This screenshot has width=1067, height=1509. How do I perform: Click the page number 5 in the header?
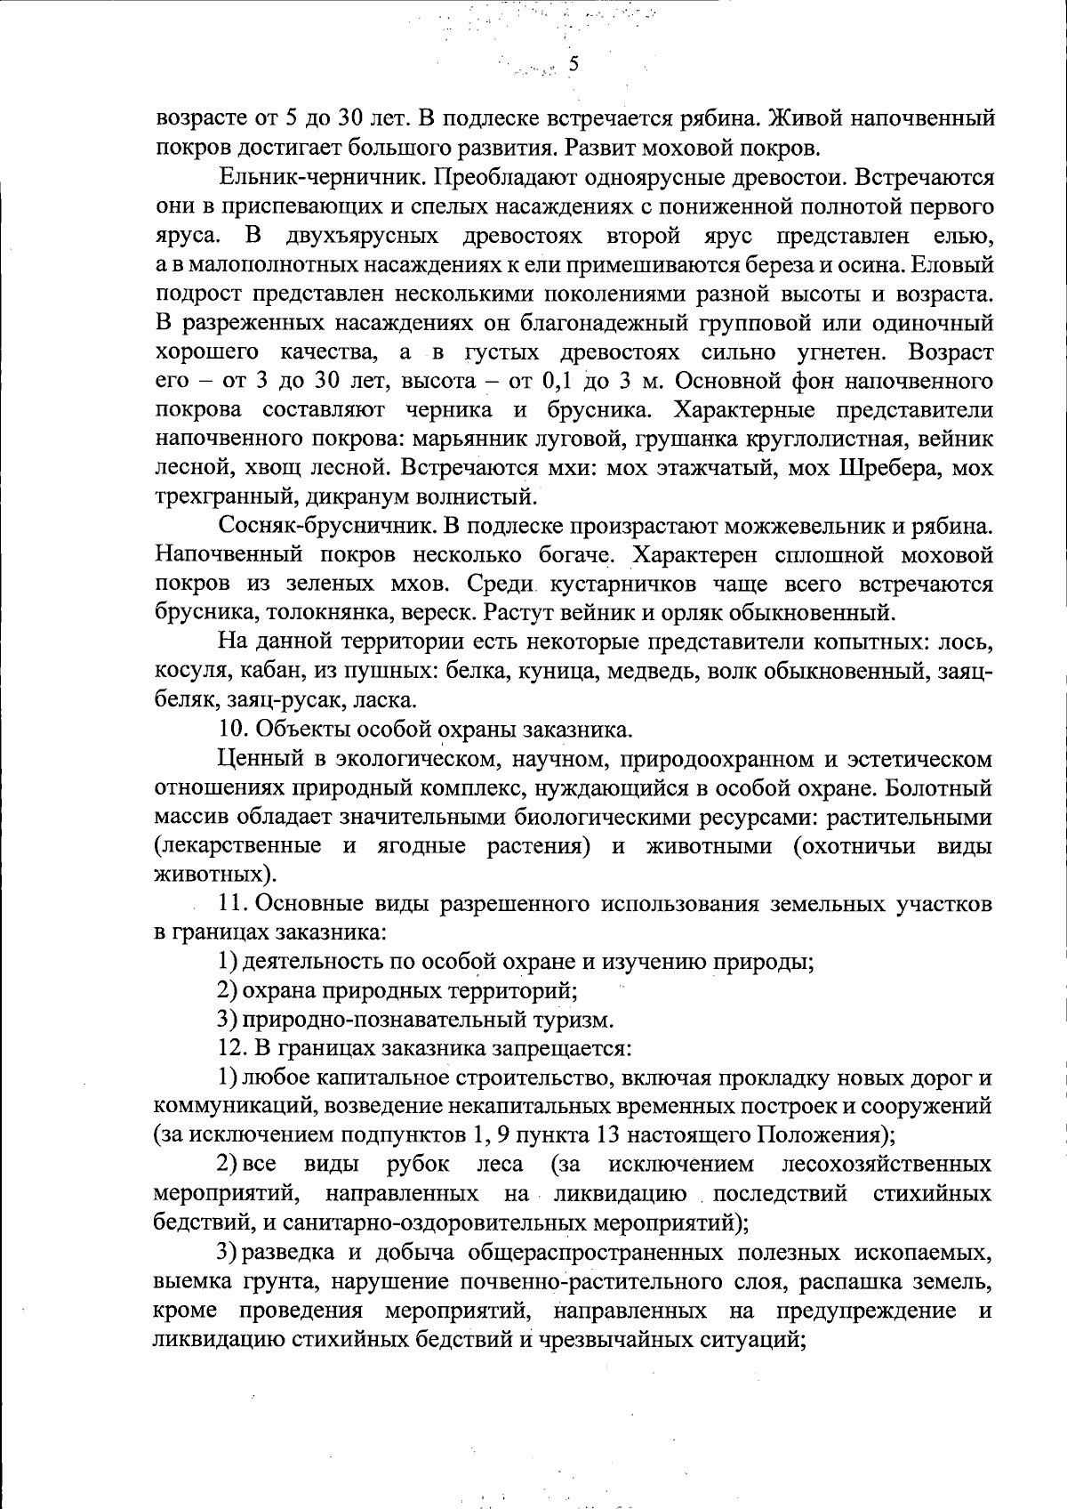click(574, 63)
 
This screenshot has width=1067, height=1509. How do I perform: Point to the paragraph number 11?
click(231, 905)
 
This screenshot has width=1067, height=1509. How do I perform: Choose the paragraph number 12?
click(231, 1049)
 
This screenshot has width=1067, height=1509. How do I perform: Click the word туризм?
click(569, 1020)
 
